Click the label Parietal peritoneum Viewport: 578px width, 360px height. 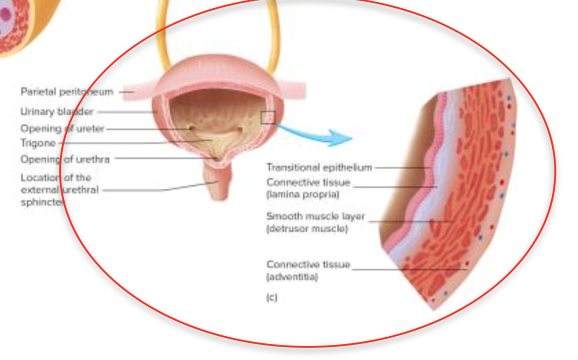click(x=66, y=92)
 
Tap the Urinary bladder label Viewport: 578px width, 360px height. click(x=56, y=111)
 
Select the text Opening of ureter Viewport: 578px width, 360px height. click(x=62, y=129)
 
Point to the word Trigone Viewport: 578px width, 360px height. click(x=38, y=143)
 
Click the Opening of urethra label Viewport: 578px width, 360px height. click(x=64, y=159)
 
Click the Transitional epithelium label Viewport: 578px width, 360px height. click(x=319, y=167)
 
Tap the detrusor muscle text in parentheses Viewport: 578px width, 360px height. click(x=306, y=229)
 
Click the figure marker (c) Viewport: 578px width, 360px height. click(x=271, y=297)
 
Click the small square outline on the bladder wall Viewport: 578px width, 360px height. click(x=267, y=117)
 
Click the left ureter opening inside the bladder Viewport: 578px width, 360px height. click(x=190, y=129)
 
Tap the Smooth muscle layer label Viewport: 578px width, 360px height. click(x=315, y=216)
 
